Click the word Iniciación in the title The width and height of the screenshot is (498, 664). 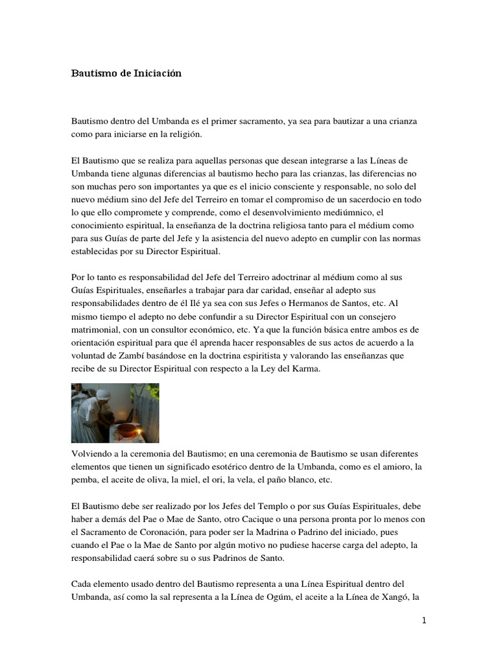coord(158,74)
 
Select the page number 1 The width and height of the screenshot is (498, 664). coord(423,621)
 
